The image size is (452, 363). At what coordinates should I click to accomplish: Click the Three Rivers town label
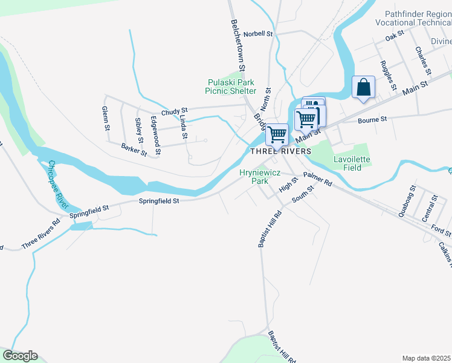point(280,151)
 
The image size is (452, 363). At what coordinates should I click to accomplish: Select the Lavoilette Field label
point(352,163)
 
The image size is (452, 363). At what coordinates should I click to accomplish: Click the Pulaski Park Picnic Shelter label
point(231,87)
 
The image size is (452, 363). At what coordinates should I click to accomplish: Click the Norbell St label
point(259,34)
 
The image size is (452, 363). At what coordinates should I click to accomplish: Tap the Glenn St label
point(106,119)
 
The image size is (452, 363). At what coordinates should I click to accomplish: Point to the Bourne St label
point(372,120)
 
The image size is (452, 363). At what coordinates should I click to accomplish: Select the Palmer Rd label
point(318,178)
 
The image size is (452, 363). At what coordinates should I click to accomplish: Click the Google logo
point(20,356)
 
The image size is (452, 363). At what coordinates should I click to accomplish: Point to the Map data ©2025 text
point(426,358)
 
